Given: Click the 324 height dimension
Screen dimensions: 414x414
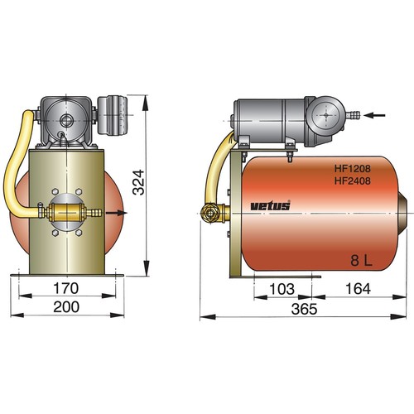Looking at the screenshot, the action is coord(138,182).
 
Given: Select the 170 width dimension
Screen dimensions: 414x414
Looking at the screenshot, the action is coord(66,288).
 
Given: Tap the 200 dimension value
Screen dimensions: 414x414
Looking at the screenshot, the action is coord(66,307).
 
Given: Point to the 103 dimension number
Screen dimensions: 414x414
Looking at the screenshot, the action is coord(282,289).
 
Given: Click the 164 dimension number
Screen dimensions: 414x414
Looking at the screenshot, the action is coord(358,289).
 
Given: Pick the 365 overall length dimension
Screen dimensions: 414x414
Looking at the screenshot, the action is coord(304,309).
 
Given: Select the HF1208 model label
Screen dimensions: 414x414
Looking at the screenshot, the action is coord(353,168).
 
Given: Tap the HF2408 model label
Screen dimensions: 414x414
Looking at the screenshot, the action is coord(353,181).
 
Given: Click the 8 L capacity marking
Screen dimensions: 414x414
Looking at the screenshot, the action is coord(361,260).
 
